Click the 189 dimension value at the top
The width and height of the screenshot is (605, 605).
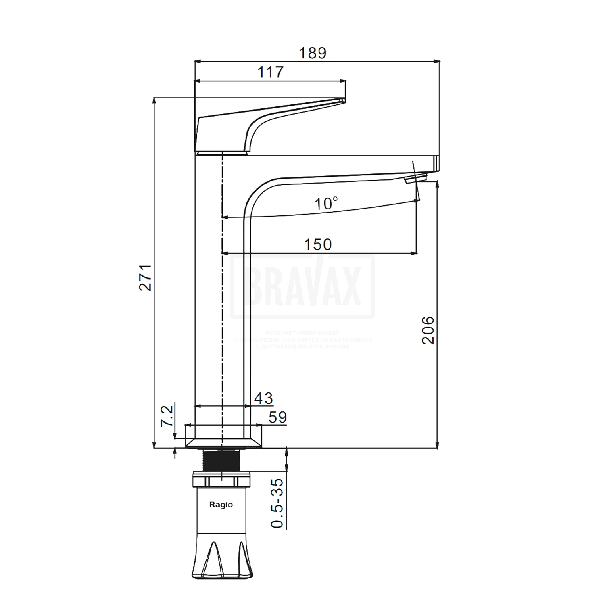tap(313, 53)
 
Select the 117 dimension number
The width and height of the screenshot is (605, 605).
tap(271, 72)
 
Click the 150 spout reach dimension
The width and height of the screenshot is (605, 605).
tap(318, 244)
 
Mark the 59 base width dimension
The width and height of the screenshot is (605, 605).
tap(277, 417)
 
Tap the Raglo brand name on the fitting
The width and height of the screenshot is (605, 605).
tap(221, 505)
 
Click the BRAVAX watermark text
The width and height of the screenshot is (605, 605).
tap(302, 286)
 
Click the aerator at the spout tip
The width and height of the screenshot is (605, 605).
tap(415, 178)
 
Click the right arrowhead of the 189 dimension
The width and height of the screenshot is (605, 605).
tap(436, 62)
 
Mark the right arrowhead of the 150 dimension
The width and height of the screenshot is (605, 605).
tap(413, 253)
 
